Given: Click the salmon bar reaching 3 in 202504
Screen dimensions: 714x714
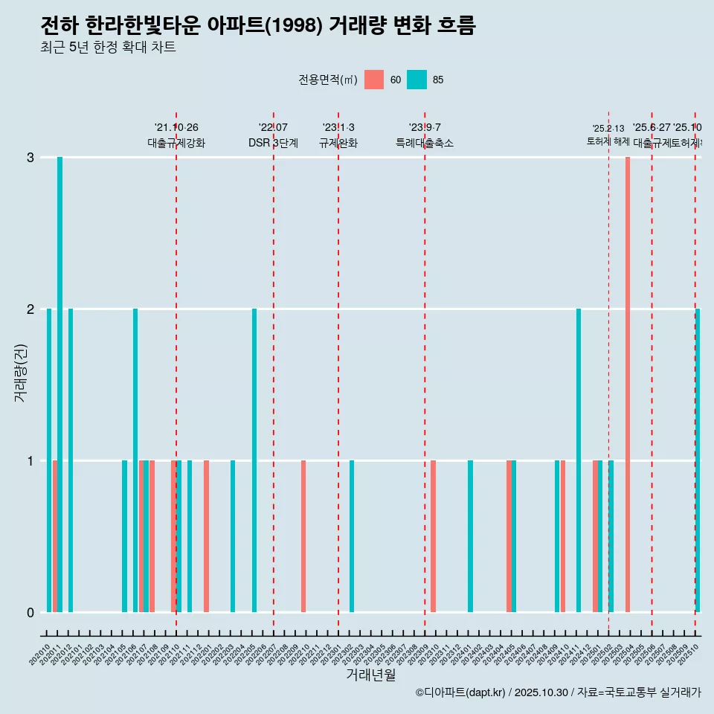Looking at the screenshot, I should [x=628, y=385].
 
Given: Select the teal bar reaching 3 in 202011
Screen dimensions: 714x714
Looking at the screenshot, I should [x=59, y=385].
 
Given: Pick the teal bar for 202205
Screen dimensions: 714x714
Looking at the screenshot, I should [x=254, y=460].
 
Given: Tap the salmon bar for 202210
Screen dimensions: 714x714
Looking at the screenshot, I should [x=303, y=536].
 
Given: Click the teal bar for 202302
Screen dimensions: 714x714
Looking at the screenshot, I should [x=352, y=536].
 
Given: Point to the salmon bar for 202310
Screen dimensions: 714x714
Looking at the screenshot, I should [x=433, y=536].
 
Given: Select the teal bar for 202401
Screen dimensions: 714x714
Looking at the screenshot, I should [x=470, y=536].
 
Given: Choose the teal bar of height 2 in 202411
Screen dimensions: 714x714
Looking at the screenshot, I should [x=579, y=460].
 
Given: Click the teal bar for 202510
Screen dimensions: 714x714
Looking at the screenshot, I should [x=698, y=460].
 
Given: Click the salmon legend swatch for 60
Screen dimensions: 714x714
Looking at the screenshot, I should [x=374, y=80].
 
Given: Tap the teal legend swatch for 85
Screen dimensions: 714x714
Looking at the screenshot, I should [x=417, y=80].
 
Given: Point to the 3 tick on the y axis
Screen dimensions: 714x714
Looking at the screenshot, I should [x=30, y=158].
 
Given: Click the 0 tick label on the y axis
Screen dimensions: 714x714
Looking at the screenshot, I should [x=30, y=613].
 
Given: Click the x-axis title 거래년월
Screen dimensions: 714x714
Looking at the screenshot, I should [x=370, y=675].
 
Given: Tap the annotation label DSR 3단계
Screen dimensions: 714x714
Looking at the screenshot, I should [x=273, y=144].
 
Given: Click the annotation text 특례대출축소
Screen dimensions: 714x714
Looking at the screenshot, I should [x=424, y=144].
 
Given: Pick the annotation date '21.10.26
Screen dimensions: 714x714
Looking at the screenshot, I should [x=176, y=128].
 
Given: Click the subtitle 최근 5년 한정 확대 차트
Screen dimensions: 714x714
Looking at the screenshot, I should [x=108, y=48].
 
